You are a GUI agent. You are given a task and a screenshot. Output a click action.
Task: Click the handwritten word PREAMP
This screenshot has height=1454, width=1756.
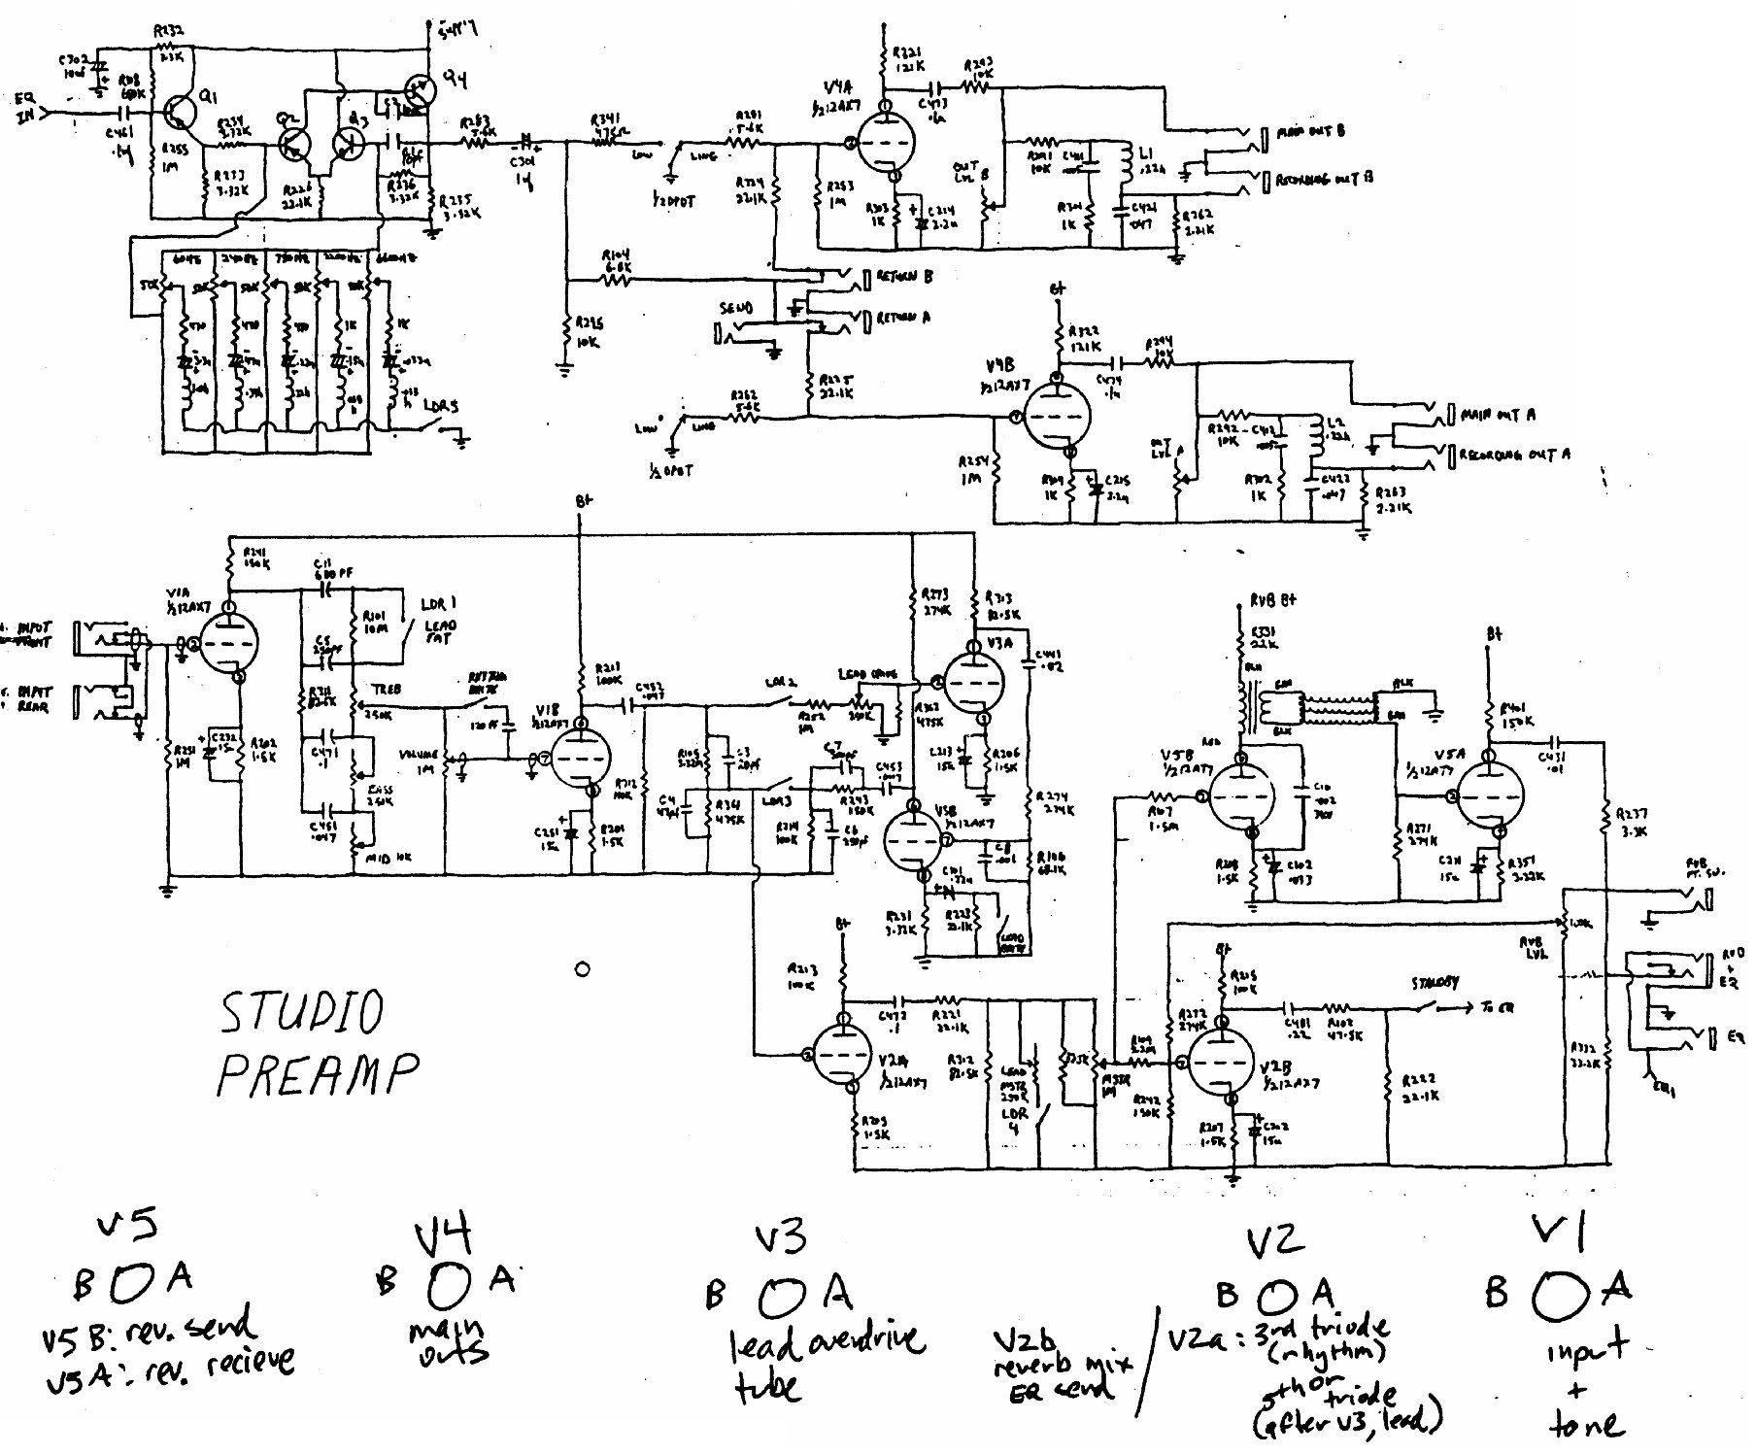pyautogui.click(x=318, y=1075)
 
